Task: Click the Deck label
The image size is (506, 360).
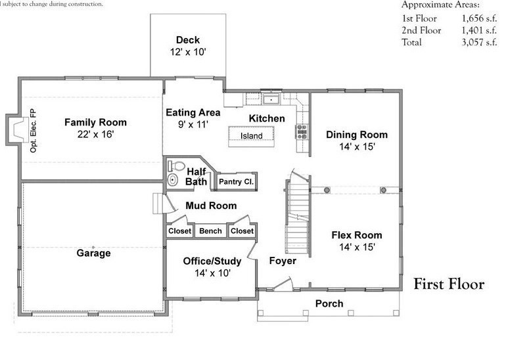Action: coord(187,40)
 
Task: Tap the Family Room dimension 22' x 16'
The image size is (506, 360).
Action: coord(95,134)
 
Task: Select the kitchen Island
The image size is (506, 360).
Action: coord(251,136)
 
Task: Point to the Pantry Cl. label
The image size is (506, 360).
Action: coord(236,182)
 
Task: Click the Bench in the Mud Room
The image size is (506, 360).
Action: coord(210,231)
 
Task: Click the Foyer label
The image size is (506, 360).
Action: coord(283,261)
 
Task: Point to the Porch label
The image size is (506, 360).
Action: coord(329,304)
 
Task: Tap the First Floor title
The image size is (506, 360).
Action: coord(448,284)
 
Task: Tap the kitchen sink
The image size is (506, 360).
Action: coord(270,100)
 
